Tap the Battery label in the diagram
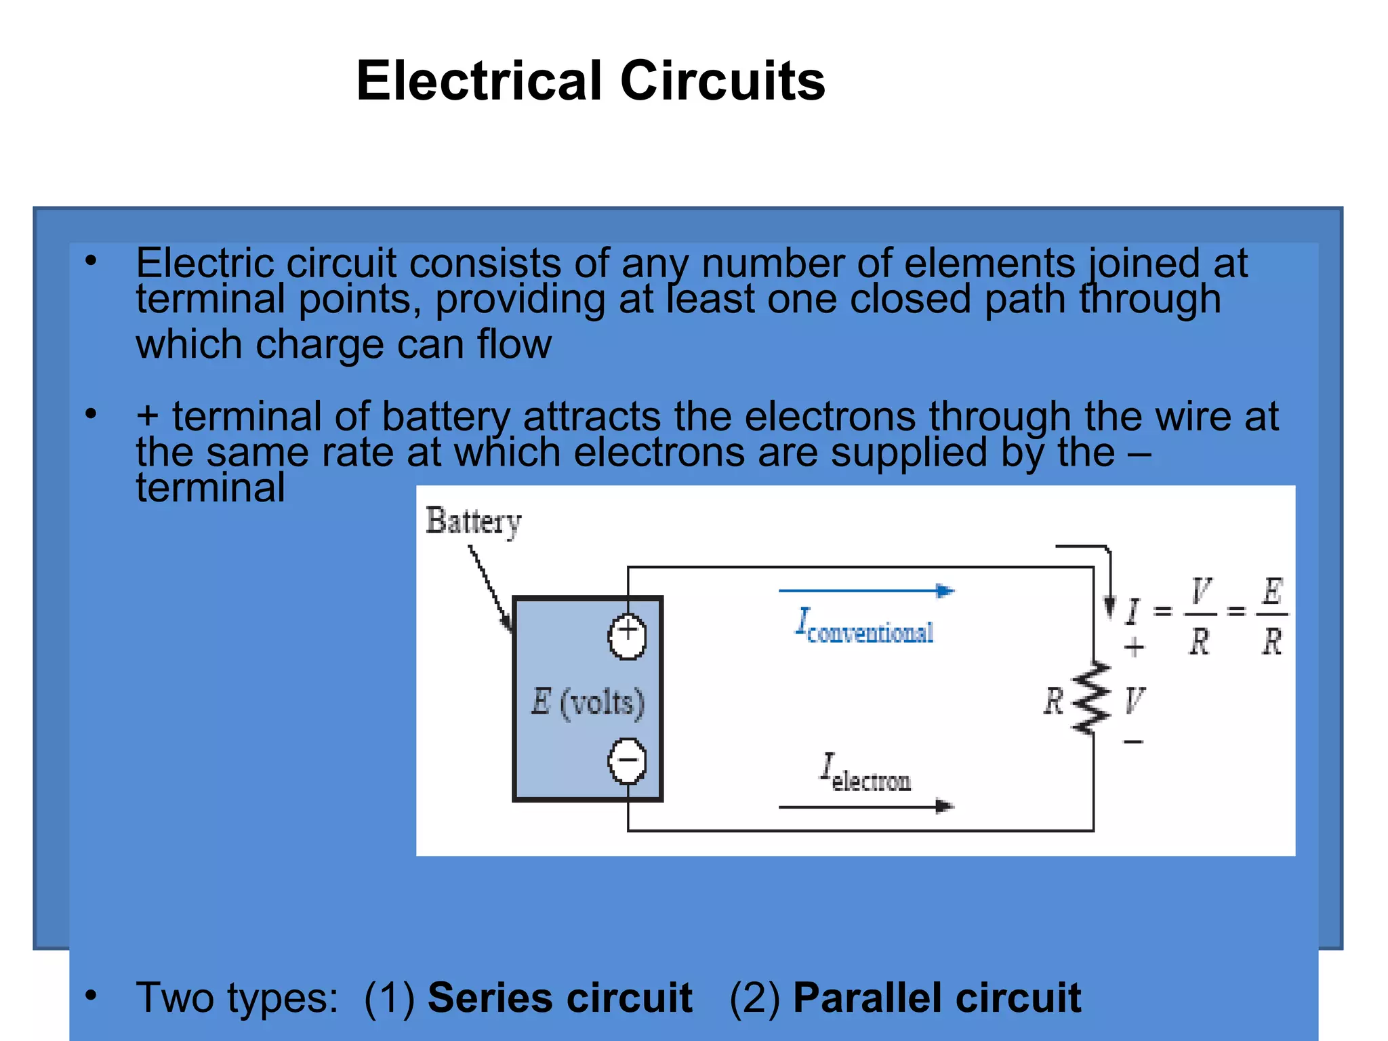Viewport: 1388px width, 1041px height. point(473,521)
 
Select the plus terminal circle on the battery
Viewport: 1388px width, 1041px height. point(627,636)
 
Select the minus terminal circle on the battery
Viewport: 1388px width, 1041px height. point(627,760)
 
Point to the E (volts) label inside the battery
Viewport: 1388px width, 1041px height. point(588,701)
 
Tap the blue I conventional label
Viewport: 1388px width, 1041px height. point(865,626)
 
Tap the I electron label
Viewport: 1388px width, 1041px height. point(865,774)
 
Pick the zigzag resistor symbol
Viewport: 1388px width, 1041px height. point(1092,698)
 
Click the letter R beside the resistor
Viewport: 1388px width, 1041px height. point(1053,701)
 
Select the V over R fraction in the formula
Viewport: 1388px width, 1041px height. point(1200,615)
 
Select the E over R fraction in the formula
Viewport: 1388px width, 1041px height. point(1272,615)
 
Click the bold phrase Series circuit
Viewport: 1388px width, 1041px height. point(560,998)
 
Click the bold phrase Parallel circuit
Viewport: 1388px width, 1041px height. point(937,998)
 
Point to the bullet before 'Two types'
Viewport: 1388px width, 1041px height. point(91,995)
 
